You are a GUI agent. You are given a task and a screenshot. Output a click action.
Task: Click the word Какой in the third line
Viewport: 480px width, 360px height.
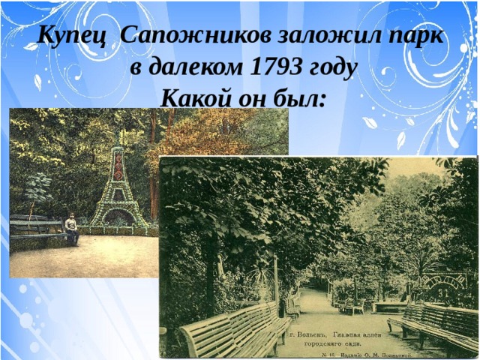[196, 97]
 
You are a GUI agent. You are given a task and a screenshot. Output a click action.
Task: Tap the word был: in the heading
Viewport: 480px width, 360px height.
[297, 97]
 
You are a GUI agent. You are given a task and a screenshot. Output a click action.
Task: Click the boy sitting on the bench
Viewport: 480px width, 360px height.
[72, 228]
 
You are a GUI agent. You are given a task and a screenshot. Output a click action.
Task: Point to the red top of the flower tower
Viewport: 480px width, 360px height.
[118, 169]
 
